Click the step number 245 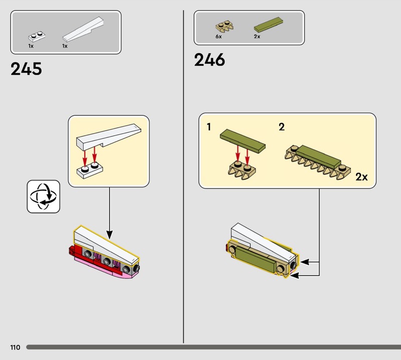[26, 69]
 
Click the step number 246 [210, 60]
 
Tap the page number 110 [15, 347]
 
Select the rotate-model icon [44, 197]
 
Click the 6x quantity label [219, 37]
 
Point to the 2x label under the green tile [257, 37]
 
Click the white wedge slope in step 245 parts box [83, 29]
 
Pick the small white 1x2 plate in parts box [37, 37]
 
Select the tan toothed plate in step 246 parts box [225, 27]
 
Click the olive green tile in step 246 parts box [269, 25]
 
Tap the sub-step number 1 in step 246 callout [209, 127]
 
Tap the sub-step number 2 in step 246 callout [282, 127]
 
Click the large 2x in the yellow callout [361, 177]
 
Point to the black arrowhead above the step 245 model [109, 235]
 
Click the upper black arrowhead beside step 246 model [305, 262]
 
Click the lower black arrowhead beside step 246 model [295, 276]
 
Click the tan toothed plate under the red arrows [242, 170]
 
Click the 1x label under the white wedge [65, 46]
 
